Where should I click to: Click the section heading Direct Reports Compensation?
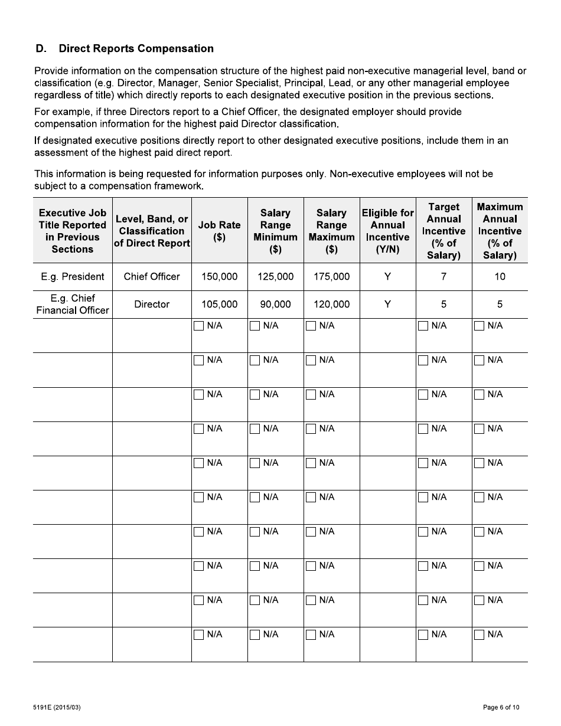136,48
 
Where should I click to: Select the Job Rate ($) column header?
219,231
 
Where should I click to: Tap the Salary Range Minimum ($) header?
275,231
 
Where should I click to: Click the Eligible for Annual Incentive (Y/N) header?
387,231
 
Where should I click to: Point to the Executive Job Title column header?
72,231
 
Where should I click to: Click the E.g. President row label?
72,276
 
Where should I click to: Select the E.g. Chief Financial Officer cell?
72,304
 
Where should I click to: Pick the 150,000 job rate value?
219,276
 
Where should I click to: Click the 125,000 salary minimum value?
275,276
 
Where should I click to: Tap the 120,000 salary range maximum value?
331,304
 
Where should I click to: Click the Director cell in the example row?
152,304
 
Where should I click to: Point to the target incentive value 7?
443,276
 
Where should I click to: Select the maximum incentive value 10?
500,276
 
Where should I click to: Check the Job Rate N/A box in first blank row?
199,326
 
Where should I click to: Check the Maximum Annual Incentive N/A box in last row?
480,635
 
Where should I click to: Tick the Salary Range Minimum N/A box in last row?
255,635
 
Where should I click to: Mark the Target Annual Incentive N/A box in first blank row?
423,326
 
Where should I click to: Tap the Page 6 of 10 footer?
501,707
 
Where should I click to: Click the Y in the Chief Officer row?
387,276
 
